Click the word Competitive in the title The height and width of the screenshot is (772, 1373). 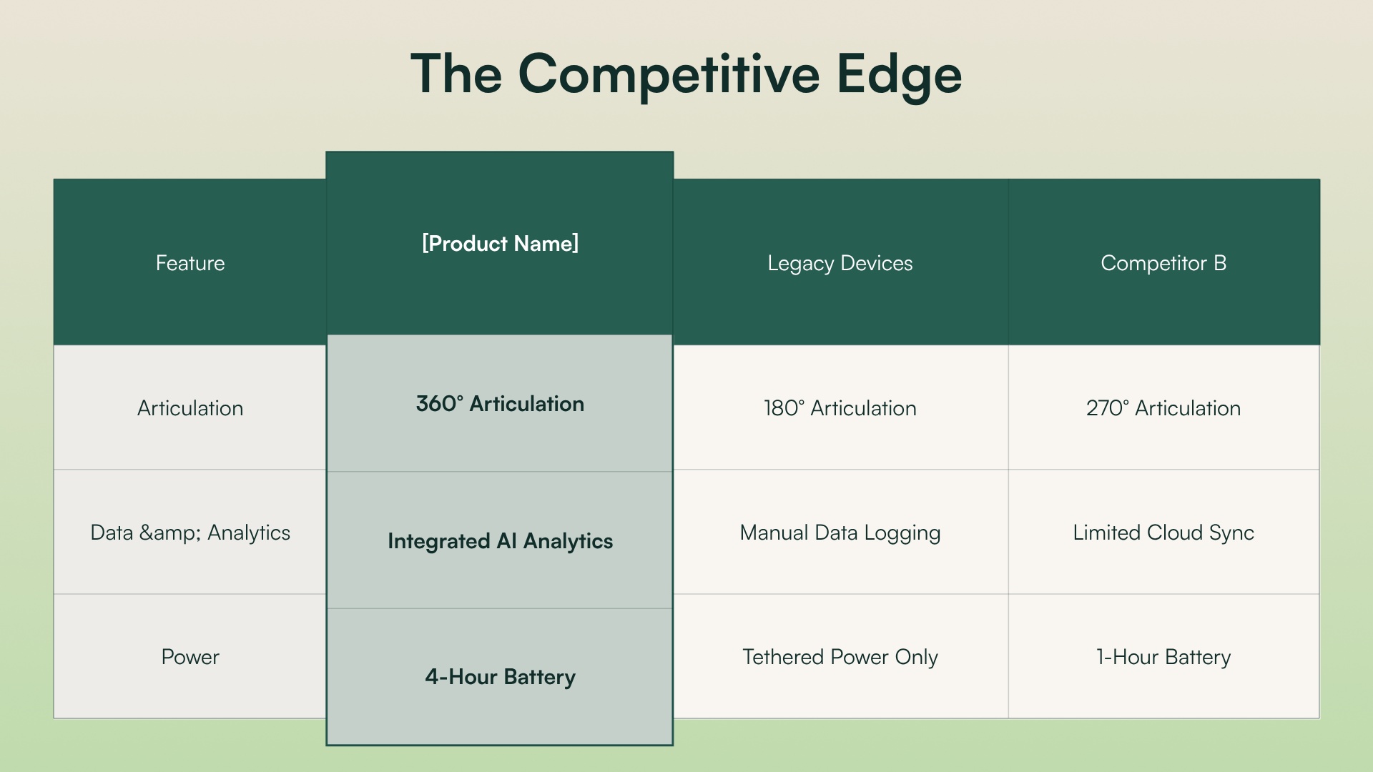pos(669,74)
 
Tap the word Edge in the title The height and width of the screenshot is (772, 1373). pos(899,74)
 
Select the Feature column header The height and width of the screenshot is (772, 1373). pos(190,263)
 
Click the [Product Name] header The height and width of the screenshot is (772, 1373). pos(500,244)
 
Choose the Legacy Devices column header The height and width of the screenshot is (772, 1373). pos(840,263)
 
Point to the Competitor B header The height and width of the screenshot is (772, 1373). pos(1163,263)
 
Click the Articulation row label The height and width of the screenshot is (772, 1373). pos(190,408)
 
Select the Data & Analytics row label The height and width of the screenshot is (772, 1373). pos(190,533)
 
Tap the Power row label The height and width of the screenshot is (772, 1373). pos(190,657)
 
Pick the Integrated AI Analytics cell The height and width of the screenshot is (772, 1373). pos(500,541)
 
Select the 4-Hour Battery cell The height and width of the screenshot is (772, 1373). pos(500,677)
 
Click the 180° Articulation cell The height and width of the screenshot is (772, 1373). pos(840,408)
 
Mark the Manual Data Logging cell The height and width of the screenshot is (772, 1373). pos(840,533)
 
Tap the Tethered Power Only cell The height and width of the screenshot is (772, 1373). pos(840,657)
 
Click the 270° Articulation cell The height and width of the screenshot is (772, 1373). pos(1163,408)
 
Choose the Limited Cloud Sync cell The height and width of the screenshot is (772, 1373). pos(1163,533)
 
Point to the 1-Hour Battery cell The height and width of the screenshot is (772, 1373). pos(1163,657)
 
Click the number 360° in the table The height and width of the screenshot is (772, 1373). pos(439,404)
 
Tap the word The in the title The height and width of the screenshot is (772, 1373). pos(456,74)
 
